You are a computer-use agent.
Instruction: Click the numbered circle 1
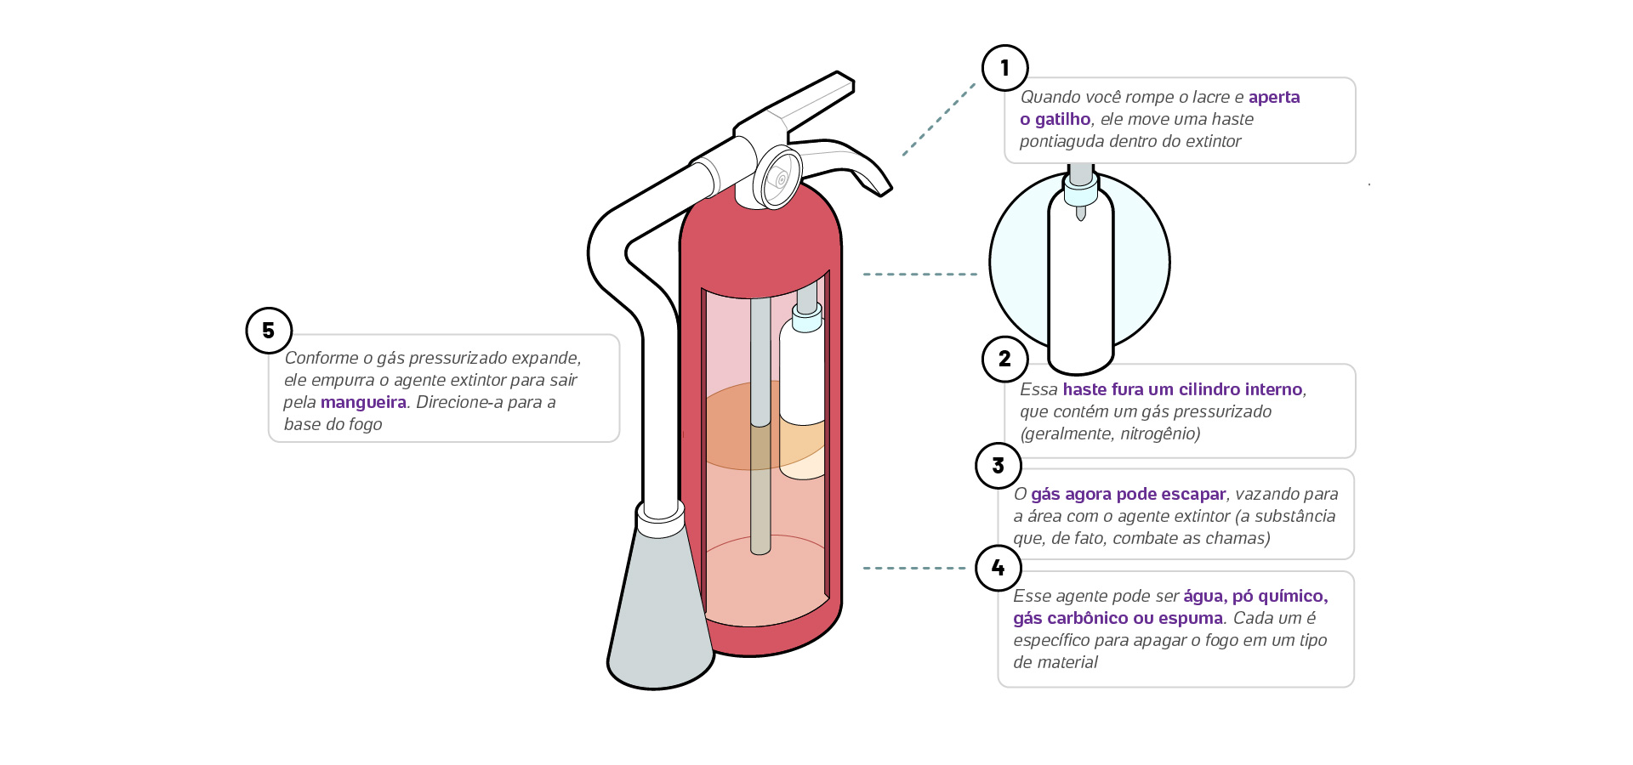(x=1004, y=68)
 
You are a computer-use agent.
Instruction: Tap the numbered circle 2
(x=1004, y=359)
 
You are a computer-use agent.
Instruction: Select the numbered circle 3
(x=998, y=466)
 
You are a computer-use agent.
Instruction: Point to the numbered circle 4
(x=998, y=568)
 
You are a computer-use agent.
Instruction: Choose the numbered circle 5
(x=269, y=331)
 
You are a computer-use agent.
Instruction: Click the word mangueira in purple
(x=363, y=402)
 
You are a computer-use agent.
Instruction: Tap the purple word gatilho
(x=1062, y=120)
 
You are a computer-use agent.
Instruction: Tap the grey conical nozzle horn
(x=660, y=612)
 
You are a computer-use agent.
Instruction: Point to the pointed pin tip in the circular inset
(x=1080, y=213)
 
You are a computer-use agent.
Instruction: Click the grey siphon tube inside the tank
(x=760, y=425)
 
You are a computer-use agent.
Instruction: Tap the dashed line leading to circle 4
(x=914, y=568)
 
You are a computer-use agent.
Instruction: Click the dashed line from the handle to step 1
(x=938, y=119)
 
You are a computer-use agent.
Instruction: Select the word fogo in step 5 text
(x=364, y=424)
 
